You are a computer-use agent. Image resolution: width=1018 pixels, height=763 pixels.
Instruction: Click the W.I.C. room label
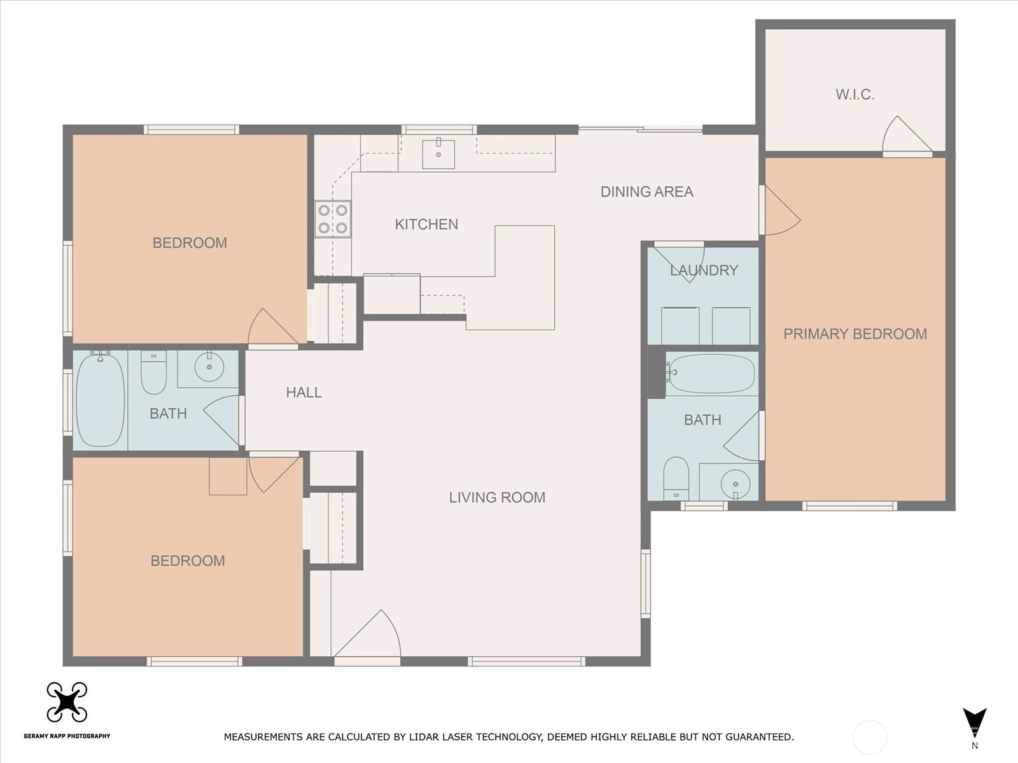point(854,95)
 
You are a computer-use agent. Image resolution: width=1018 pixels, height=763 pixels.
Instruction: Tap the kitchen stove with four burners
point(333,219)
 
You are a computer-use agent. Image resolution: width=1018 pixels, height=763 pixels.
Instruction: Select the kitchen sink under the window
point(438,154)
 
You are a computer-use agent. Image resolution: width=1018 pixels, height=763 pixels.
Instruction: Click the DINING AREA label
point(647,192)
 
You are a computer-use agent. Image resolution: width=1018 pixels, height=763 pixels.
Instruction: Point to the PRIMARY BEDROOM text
point(855,334)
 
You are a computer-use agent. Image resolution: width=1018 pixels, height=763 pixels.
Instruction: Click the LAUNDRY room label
point(704,270)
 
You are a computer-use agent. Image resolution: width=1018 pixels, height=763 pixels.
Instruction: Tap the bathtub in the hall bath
point(100,399)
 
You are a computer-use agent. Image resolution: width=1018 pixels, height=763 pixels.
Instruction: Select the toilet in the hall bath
point(153,373)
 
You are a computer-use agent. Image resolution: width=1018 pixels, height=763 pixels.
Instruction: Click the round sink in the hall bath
point(209,366)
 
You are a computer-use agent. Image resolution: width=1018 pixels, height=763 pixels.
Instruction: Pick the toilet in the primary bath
point(676,479)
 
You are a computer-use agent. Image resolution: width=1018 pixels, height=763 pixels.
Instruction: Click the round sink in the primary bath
point(736,485)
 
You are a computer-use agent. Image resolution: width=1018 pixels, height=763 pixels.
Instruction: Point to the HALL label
point(303,393)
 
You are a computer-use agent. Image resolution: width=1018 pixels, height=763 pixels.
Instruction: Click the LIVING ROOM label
point(497,498)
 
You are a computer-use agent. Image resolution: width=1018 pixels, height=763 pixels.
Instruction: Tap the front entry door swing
point(367,635)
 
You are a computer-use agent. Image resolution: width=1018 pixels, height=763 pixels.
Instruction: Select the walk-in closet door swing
point(907,135)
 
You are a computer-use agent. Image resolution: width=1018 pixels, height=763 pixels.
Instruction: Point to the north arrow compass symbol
point(974,724)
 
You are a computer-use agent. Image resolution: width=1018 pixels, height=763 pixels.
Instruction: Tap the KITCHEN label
point(426,224)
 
